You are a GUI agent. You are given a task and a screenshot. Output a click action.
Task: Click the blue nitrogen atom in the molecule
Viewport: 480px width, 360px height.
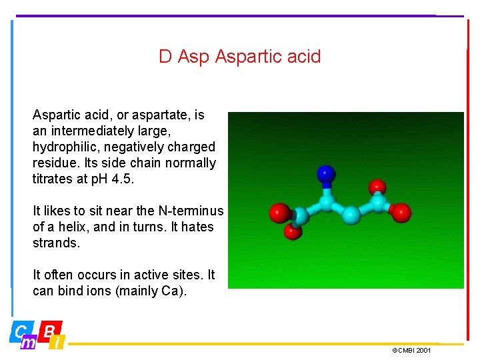click(x=325, y=175)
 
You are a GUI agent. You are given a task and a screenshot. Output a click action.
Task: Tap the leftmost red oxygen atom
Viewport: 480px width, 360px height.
click(x=279, y=213)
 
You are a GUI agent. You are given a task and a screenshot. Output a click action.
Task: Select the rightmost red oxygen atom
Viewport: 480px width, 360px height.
click(x=401, y=212)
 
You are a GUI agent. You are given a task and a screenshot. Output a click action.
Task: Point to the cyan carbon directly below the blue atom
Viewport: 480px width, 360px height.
click(x=326, y=201)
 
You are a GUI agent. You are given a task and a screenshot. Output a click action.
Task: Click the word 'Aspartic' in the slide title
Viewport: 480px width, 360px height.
click(x=246, y=57)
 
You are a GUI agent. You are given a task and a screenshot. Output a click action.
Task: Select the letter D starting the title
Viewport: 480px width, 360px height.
click(x=165, y=57)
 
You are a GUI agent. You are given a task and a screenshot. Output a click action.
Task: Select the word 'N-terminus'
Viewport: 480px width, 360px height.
click(x=191, y=211)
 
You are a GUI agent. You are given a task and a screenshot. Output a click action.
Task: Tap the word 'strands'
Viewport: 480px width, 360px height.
click(x=55, y=243)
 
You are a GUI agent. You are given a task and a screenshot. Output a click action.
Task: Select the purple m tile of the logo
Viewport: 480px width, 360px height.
click(x=29, y=343)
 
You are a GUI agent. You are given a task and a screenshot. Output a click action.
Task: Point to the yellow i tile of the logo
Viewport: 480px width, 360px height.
click(x=58, y=343)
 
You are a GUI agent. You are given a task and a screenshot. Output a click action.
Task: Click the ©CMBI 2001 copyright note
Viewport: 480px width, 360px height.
click(x=411, y=350)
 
